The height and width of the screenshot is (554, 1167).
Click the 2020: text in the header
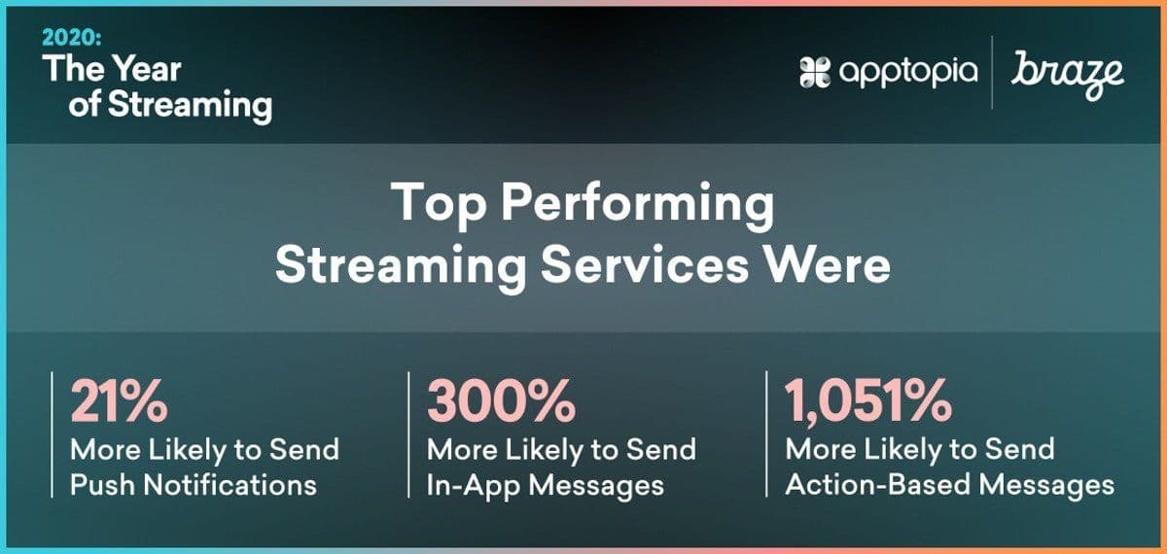[72, 38]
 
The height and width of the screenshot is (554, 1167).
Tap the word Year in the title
[148, 69]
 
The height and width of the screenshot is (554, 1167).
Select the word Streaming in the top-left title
[191, 106]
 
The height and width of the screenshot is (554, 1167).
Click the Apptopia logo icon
[815, 72]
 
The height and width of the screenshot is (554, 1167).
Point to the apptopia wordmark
[908, 73]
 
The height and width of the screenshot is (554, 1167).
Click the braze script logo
[1067, 75]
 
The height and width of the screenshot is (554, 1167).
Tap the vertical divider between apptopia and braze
[991, 72]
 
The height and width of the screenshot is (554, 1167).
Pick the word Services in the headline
[645, 265]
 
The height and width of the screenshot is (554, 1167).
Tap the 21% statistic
[119, 400]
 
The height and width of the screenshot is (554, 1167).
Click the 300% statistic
[501, 400]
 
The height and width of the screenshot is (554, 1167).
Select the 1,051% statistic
[868, 401]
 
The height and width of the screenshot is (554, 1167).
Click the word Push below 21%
[102, 485]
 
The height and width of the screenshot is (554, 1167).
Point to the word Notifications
[230, 485]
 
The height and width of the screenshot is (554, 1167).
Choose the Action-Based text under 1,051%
[877, 485]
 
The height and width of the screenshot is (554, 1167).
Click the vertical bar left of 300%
[408, 434]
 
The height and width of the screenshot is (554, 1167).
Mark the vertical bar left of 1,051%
[766, 433]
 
